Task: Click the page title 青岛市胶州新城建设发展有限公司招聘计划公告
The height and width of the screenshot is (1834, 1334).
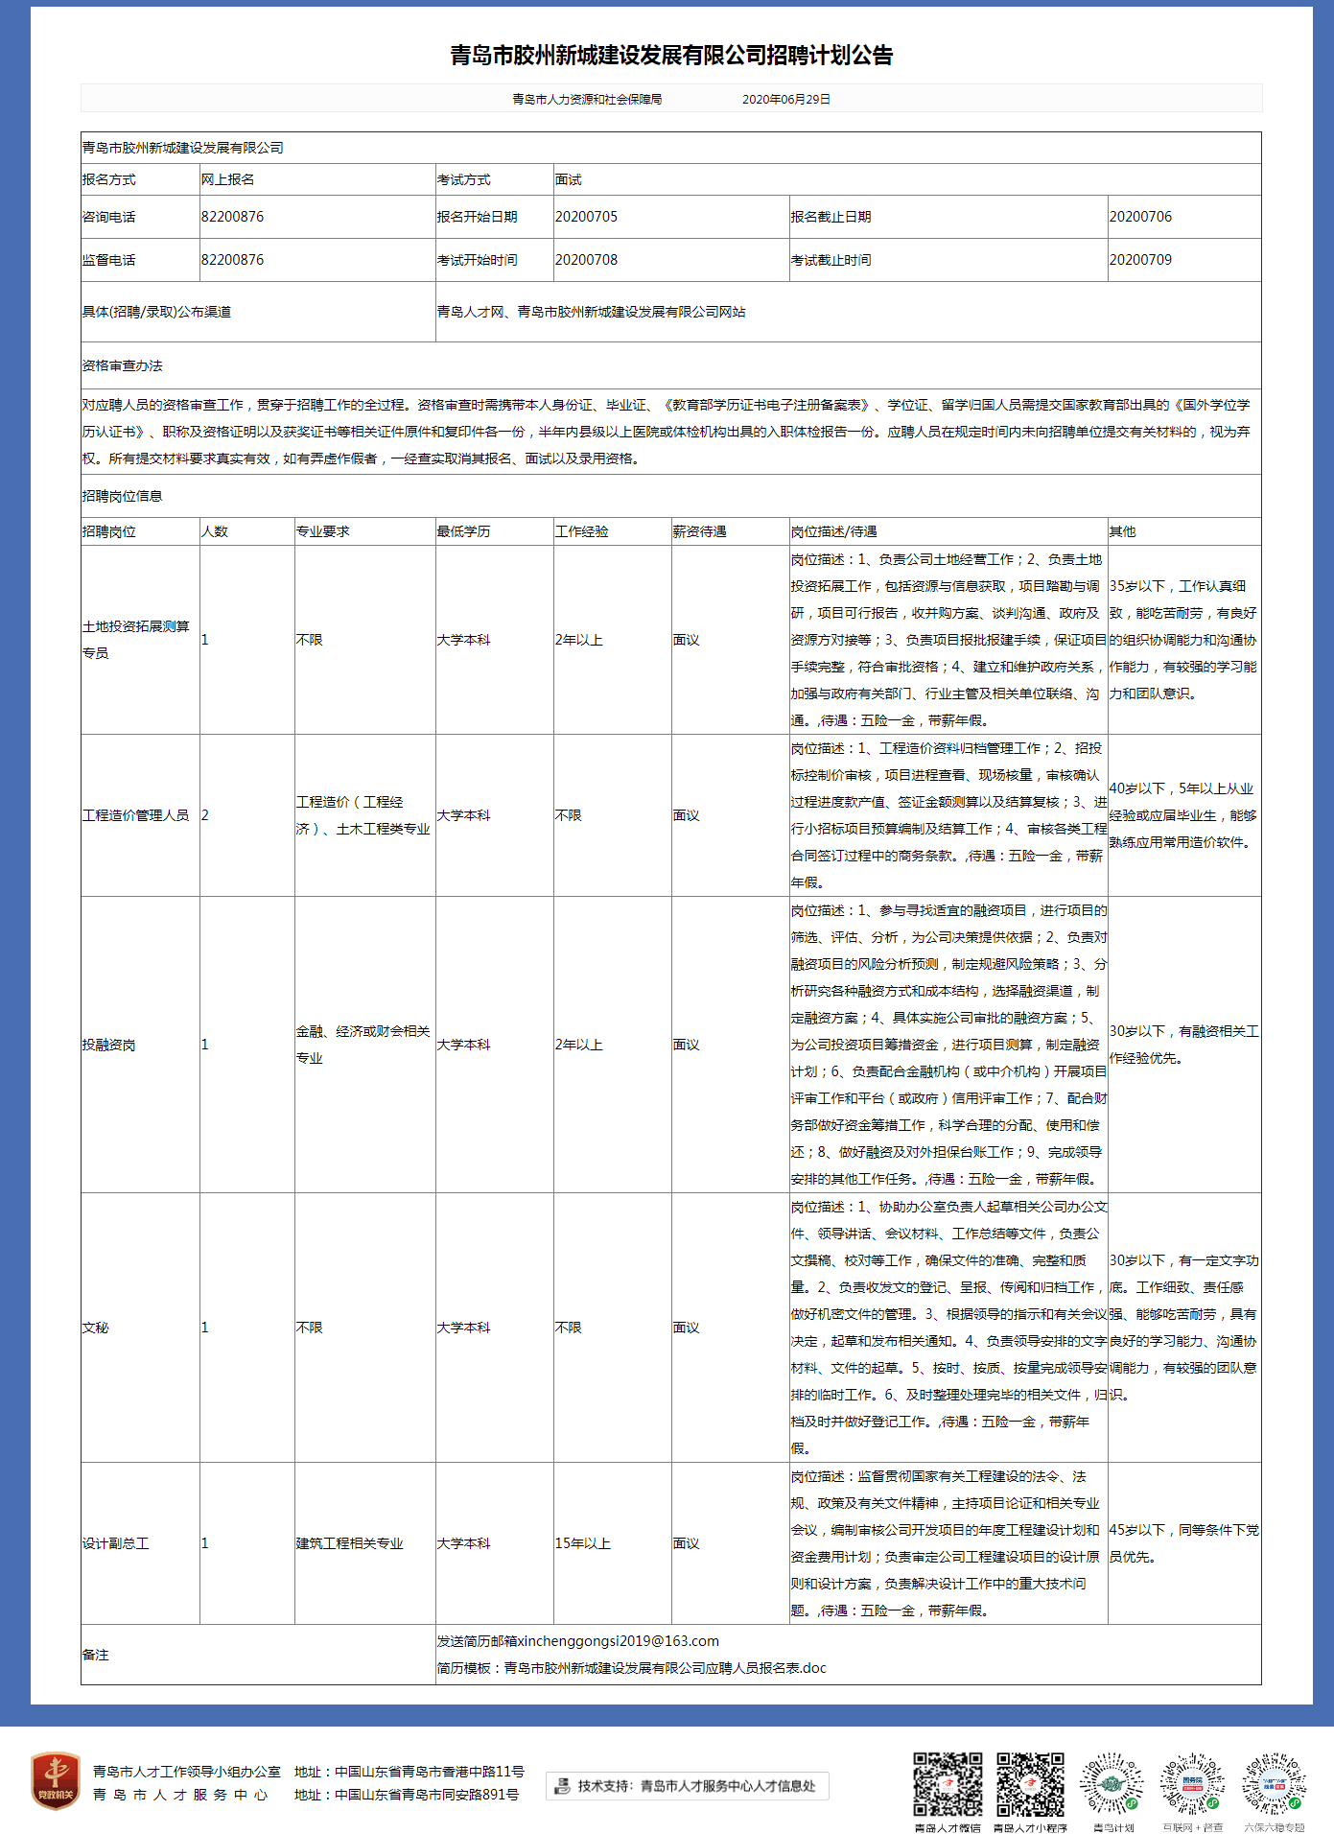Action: click(x=671, y=56)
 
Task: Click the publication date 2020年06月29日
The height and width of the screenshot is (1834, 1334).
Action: click(x=785, y=100)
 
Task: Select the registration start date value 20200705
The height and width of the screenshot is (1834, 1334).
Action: click(x=586, y=217)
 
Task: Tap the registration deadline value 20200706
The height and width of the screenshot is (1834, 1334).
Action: click(x=1140, y=217)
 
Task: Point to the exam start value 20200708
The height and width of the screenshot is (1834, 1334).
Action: click(x=586, y=260)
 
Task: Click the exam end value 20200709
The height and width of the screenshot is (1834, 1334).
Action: click(x=1140, y=260)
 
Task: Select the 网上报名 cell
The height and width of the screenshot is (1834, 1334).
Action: click(x=228, y=180)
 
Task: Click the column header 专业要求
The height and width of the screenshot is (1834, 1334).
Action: click(x=322, y=531)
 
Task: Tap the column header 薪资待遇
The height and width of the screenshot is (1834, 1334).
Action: click(x=699, y=531)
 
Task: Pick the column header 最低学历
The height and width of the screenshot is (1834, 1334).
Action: click(x=463, y=531)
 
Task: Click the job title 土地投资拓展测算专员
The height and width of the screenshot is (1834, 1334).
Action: click(x=135, y=640)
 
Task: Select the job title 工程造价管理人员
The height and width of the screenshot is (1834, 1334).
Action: click(x=135, y=815)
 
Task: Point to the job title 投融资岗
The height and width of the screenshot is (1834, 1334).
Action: click(x=108, y=1045)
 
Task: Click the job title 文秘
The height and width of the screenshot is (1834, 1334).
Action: click(x=95, y=1328)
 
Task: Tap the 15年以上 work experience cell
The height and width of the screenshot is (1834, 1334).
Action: click(x=582, y=1543)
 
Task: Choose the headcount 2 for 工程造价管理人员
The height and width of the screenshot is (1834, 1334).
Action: click(x=205, y=815)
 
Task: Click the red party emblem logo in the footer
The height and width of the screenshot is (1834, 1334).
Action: click(x=56, y=1781)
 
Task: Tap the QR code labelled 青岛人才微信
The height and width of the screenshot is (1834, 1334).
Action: click(x=948, y=1784)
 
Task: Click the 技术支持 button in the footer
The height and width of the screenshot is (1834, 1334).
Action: click(x=687, y=1786)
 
